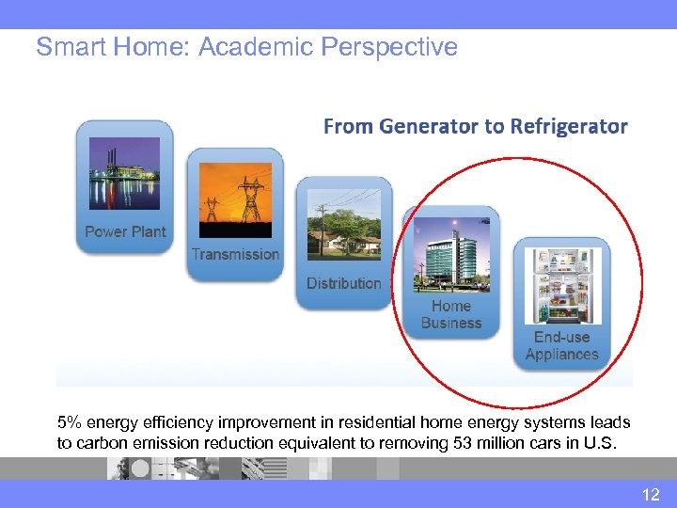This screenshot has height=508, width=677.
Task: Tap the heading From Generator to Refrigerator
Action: (475, 126)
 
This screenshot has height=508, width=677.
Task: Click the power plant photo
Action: (124, 174)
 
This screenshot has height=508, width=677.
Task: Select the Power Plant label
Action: (125, 231)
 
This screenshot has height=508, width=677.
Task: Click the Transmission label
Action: (235, 254)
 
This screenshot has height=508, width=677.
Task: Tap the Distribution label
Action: (344, 283)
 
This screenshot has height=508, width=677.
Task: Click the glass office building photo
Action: (451, 255)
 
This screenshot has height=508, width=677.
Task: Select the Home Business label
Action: (451, 314)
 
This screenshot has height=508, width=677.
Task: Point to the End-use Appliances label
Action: (561, 345)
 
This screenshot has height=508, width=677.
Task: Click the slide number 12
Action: (651, 495)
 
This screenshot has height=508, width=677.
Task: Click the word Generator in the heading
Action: (424, 126)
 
